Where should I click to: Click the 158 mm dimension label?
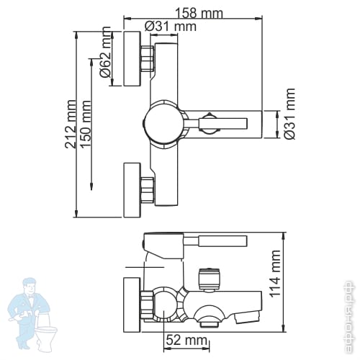click(199, 13)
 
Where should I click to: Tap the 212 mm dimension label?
click(71, 124)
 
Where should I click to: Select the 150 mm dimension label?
click(86, 125)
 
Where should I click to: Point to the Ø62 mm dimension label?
click(105, 52)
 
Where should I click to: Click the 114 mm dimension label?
click(275, 274)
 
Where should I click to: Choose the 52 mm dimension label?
click(186, 340)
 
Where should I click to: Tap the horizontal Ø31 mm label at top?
click(171, 26)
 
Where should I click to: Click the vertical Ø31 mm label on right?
click(289, 114)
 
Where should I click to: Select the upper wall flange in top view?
click(132, 58)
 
